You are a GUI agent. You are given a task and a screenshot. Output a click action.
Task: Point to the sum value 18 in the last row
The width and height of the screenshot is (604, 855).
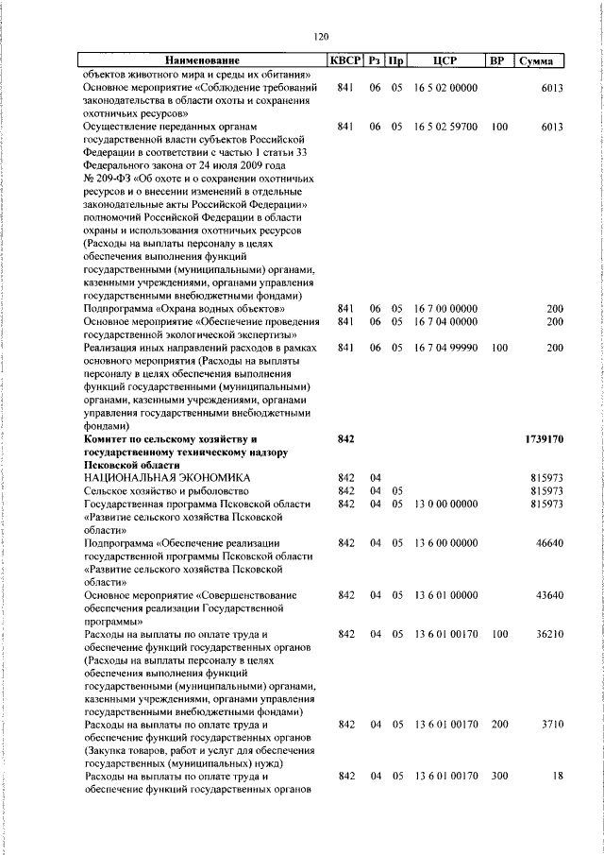(558, 776)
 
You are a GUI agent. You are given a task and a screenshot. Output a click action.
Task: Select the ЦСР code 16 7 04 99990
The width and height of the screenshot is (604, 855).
(445, 348)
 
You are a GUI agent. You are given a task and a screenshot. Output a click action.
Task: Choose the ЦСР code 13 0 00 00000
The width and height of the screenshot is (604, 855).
(445, 504)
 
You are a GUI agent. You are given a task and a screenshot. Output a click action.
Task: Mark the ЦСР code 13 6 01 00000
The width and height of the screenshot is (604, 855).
(445, 595)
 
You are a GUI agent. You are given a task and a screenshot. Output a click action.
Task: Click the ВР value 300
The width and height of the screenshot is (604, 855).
(498, 776)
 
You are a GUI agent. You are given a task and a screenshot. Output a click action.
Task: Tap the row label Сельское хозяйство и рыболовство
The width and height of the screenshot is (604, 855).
(165, 491)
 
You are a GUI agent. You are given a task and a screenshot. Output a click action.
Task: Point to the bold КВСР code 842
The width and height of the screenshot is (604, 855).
(344, 440)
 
